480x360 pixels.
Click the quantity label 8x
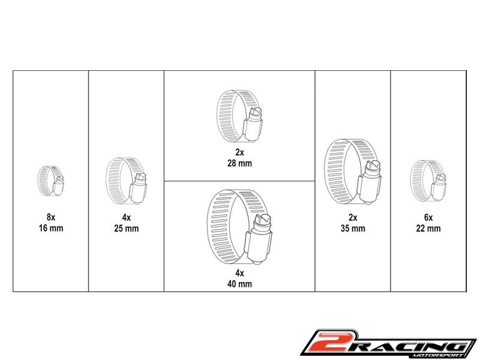(x=51, y=217)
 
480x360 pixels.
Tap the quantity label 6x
(x=428, y=217)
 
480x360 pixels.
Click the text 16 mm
(x=51, y=228)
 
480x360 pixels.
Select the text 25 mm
(x=127, y=229)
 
